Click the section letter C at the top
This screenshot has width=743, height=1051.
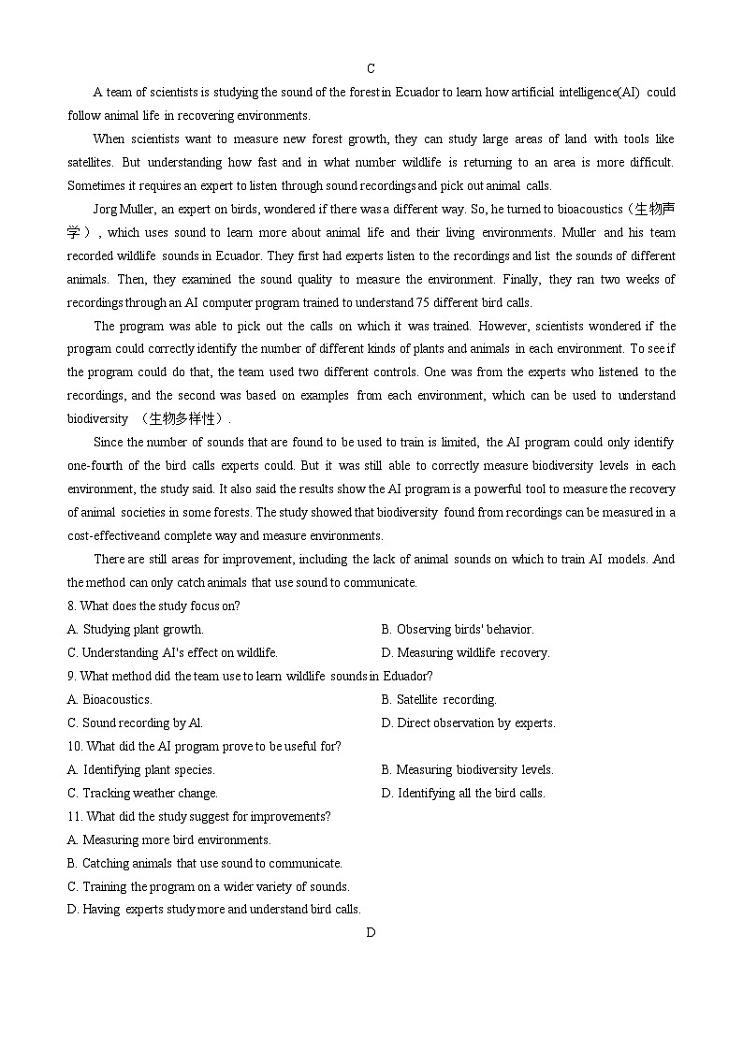[371, 68]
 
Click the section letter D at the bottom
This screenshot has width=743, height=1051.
[371, 932]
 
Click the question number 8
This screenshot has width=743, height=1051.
[71, 606]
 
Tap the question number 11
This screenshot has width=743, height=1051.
[75, 816]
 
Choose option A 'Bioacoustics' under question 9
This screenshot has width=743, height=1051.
[109, 699]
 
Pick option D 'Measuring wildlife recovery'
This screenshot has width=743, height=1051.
[465, 652]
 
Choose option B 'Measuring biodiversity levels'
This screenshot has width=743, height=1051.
[467, 769]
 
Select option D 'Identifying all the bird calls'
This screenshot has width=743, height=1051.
[463, 793]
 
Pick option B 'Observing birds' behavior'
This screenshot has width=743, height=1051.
[457, 629]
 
